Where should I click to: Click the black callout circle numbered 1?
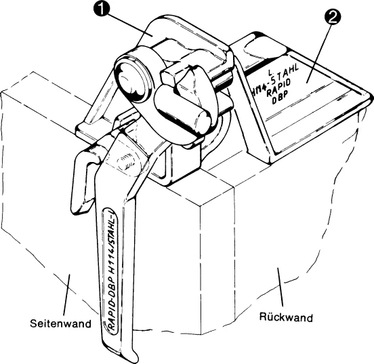pos(102,9)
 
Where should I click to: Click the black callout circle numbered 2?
pos(333,16)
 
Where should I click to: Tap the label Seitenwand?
pos(60,323)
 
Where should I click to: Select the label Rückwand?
pos(286,317)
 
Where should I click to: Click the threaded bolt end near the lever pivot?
pos(126,164)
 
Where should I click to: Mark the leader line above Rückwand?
pos(280,287)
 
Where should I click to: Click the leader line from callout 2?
pos(318,53)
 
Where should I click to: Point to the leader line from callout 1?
pos(127,24)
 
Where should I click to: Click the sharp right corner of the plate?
pos(371,96)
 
